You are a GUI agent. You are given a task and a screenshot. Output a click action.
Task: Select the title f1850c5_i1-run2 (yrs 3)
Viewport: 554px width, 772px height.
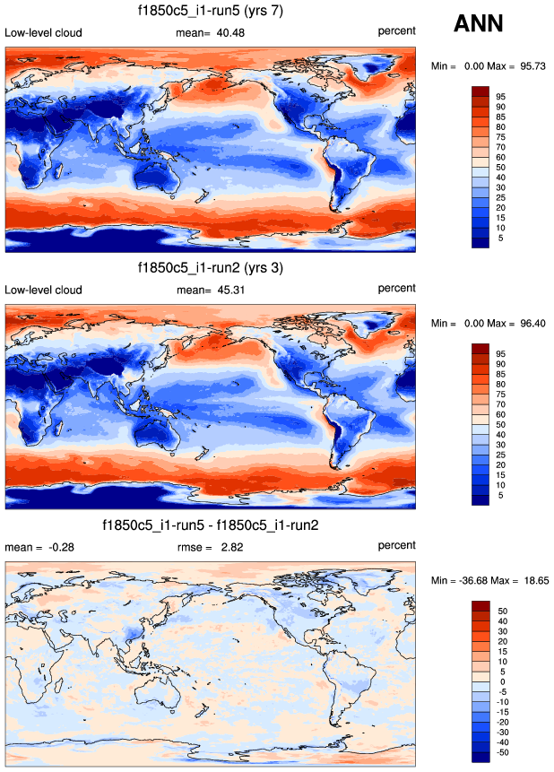[x=211, y=267]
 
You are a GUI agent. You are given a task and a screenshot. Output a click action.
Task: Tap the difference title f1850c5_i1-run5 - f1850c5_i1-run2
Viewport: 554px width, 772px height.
[x=211, y=525]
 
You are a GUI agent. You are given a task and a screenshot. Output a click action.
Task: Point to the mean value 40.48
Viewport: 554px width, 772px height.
[x=229, y=33]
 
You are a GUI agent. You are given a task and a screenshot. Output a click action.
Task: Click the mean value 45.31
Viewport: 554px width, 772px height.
[x=229, y=290]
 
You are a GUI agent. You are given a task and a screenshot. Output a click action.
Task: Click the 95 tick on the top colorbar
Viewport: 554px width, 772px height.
[x=502, y=96]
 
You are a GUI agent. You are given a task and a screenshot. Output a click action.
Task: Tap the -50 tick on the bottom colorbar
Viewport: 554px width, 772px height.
[x=503, y=753]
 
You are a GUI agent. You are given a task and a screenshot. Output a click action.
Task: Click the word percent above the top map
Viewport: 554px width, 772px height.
[x=396, y=31]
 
